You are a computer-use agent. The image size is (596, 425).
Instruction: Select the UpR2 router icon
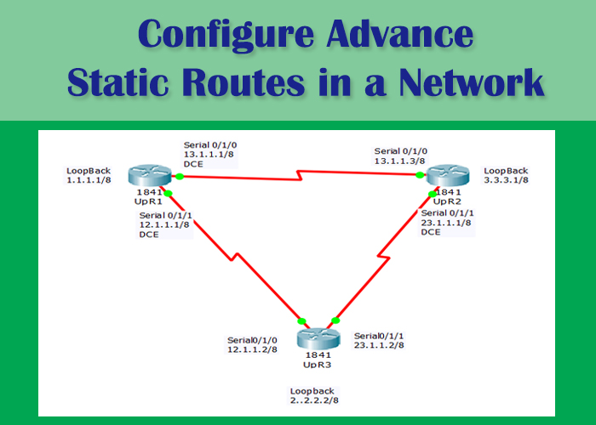pyautogui.click(x=447, y=176)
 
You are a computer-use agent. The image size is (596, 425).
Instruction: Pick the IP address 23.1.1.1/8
pyautogui.click(x=446, y=222)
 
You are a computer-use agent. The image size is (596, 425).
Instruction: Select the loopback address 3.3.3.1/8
pyautogui.click(x=507, y=181)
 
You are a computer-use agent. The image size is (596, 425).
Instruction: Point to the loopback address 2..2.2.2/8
pyautogui.click(x=319, y=399)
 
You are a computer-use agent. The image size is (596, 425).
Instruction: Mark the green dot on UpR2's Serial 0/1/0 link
pyautogui.click(x=420, y=175)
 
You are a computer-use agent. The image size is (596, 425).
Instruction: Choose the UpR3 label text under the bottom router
pyautogui.click(x=318, y=364)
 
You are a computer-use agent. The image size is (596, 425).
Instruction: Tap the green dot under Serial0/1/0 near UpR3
pyautogui.click(x=301, y=321)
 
